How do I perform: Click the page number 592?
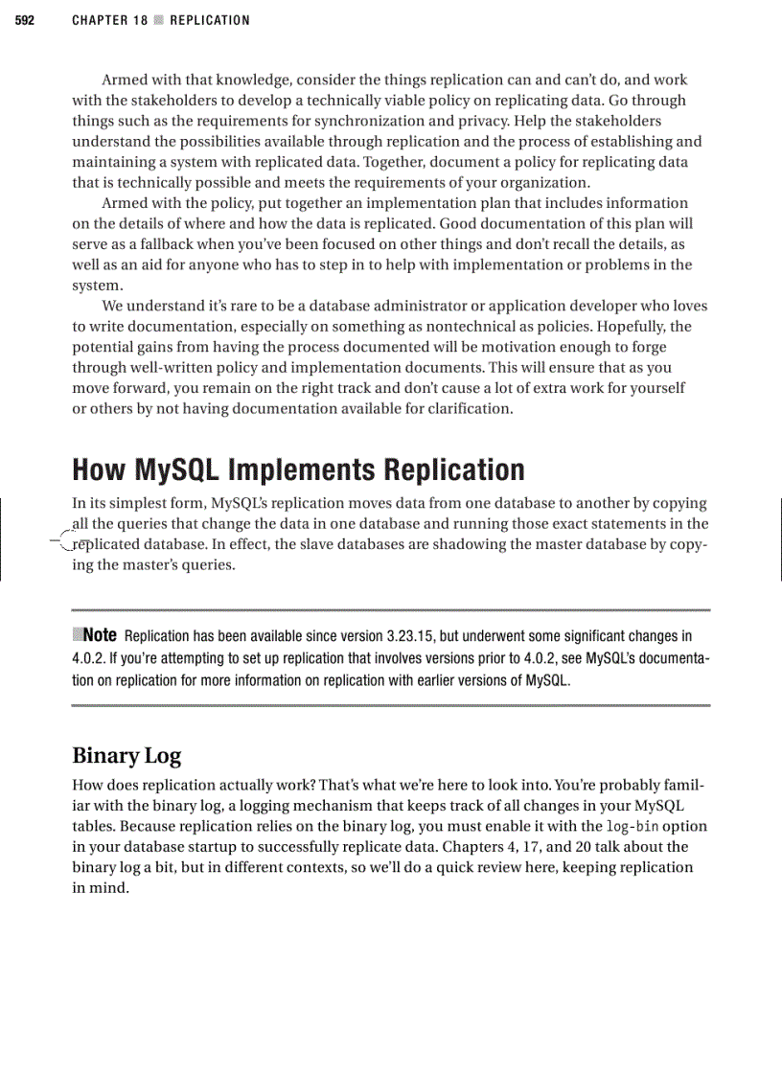tap(24, 20)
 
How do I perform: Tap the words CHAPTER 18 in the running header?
tap(109, 20)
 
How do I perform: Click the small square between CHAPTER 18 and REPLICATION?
tap(159, 20)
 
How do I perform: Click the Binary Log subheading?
tap(126, 756)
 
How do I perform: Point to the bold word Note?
tap(101, 635)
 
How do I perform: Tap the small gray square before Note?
tap(78, 634)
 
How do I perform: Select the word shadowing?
tap(479, 544)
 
